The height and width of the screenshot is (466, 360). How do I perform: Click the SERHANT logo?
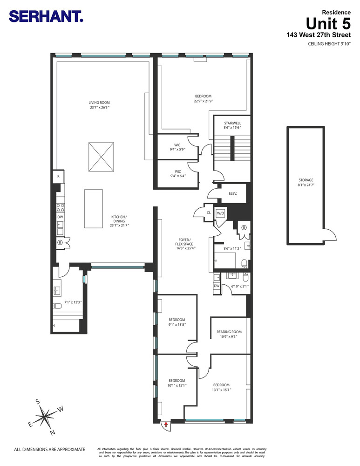pyautogui.click(x=46, y=17)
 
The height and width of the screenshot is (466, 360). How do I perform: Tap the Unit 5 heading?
pyautogui.click(x=328, y=23)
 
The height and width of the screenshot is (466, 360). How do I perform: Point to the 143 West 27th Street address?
pyautogui.click(x=319, y=35)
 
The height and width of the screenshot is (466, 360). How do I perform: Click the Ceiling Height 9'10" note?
pyautogui.click(x=329, y=44)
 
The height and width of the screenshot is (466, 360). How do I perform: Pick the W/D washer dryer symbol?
pyautogui.click(x=220, y=213)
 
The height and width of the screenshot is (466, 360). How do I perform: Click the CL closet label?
pyautogui.click(x=209, y=213)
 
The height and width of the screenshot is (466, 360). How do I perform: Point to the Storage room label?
pyautogui.click(x=306, y=182)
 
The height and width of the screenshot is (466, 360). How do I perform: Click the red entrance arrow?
pyautogui.click(x=166, y=424)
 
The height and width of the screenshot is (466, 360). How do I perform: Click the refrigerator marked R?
pyautogui.click(x=58, y=176)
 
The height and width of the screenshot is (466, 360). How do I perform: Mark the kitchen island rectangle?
pyautogui.click(x=93, y=208)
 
